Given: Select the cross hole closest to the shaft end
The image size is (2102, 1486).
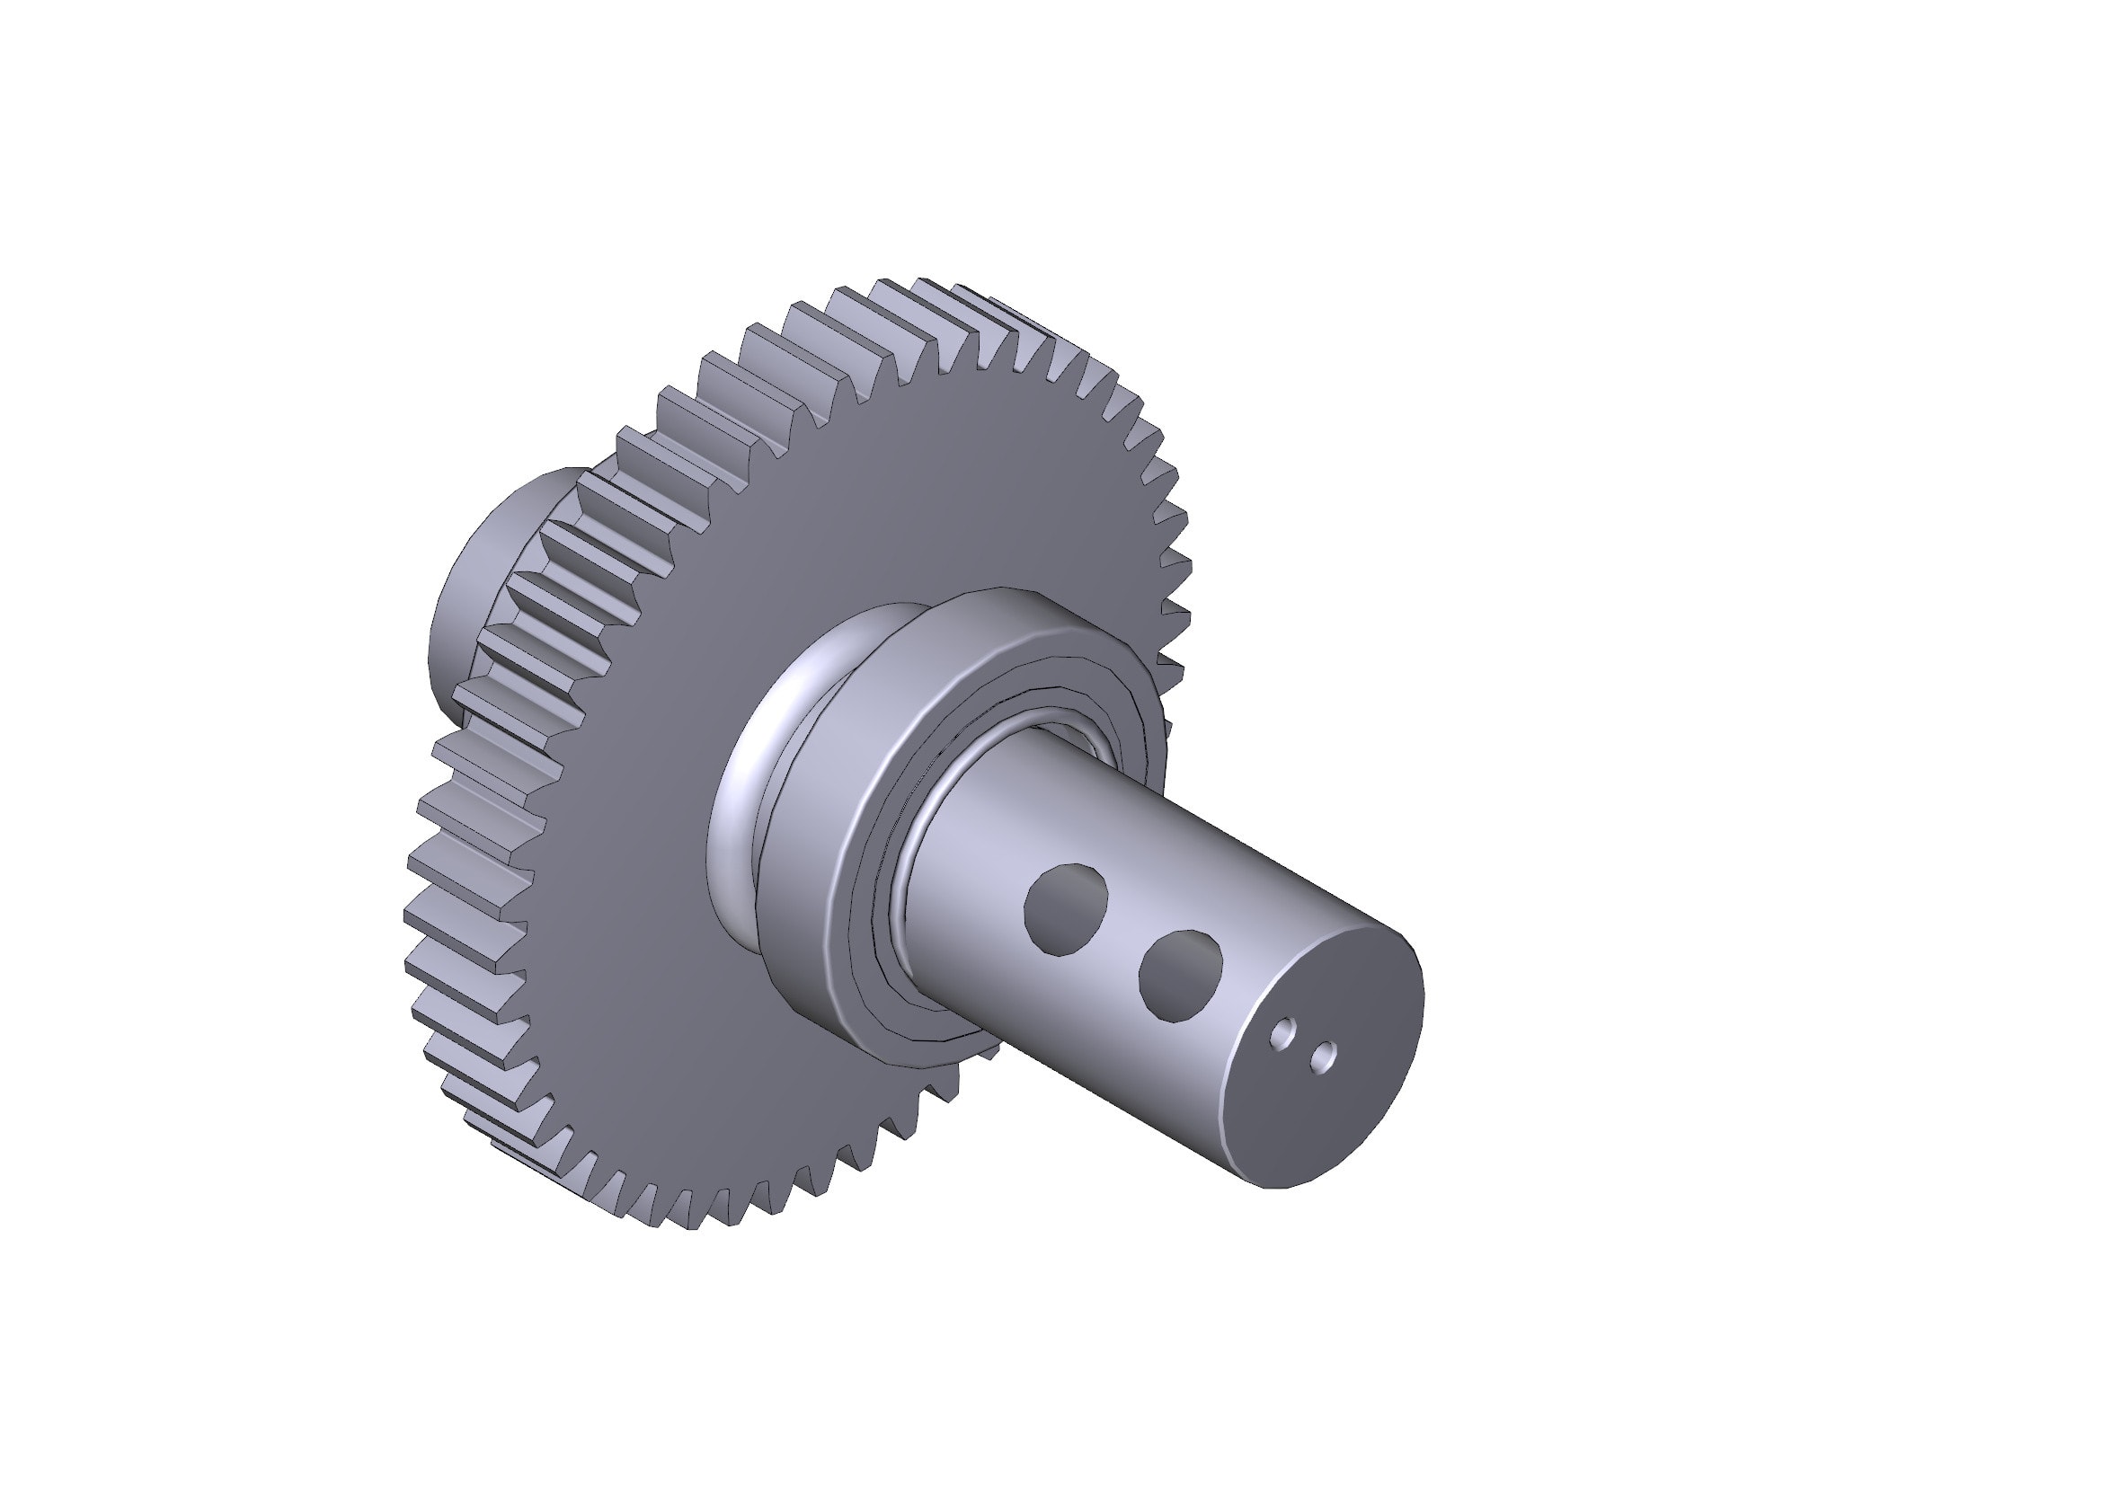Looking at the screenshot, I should point(1181,976).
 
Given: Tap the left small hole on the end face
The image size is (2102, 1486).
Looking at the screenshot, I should point(1283,1033).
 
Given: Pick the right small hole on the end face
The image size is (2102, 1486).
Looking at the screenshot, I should point(1322,1057).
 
